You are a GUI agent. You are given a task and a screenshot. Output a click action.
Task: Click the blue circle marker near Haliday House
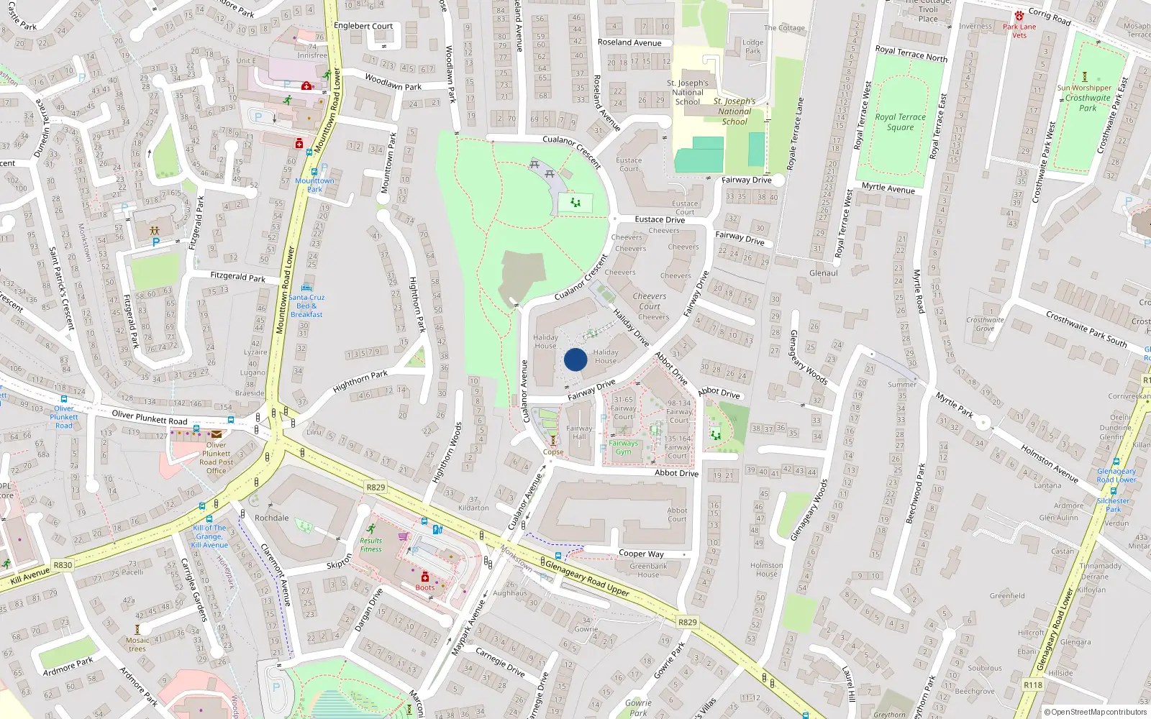click(575, 359)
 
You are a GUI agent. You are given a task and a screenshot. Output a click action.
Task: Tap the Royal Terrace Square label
click(900, 122)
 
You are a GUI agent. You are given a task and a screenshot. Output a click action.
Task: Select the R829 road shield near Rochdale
click(376, 487)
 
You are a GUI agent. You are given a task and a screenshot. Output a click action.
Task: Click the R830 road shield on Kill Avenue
click(63, 565)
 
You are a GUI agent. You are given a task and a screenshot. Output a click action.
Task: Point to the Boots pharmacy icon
click(425, 577)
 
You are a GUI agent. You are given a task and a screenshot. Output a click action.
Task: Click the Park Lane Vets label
click(1019, 31)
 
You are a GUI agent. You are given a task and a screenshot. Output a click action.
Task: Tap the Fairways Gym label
click(623, 447)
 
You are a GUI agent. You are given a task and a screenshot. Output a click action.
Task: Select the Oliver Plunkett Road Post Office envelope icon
click(217, 434)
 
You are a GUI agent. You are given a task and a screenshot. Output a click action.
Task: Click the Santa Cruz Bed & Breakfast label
click(306, 306)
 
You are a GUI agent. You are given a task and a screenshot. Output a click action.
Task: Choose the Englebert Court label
click(363, 26)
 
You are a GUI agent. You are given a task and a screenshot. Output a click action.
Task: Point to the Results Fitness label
click(371, 545)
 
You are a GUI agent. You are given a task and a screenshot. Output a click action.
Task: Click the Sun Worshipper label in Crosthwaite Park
click(1084, 88)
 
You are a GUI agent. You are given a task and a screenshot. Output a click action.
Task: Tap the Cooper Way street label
click(641, 554)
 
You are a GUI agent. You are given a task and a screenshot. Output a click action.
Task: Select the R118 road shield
click(1032, 685)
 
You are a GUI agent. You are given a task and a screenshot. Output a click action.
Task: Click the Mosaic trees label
click(137, 644)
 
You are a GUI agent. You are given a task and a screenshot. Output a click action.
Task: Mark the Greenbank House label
click(648, 570)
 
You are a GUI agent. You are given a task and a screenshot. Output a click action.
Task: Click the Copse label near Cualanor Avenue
click(553, 452)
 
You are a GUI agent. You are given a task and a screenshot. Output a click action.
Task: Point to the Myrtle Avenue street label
click(888, 188)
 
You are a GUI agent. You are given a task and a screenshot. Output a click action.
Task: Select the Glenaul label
click(823, 273)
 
